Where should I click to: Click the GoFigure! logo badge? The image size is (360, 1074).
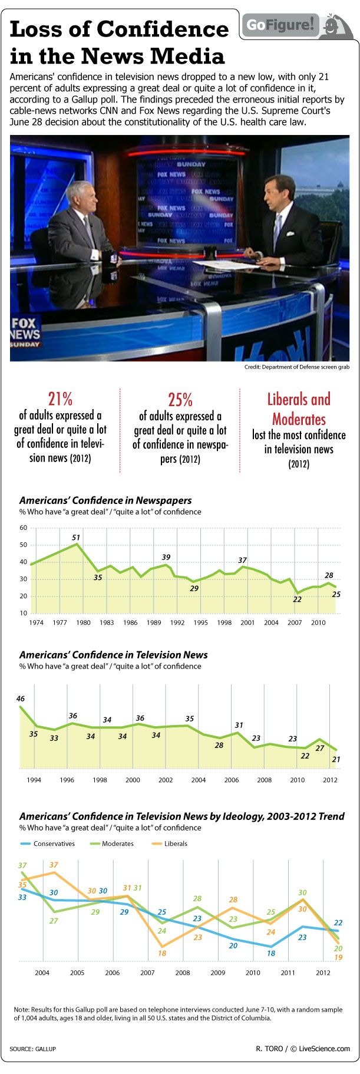click(282, 25)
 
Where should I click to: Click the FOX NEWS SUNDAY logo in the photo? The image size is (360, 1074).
click(25, 332)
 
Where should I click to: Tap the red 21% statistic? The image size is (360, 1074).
click(60, 399)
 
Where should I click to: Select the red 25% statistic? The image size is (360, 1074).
click(180, 400)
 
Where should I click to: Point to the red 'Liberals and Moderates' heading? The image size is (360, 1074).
click(299, 409)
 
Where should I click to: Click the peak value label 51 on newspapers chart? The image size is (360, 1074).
click(76, 537)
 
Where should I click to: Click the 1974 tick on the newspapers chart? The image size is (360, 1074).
click(37, 622)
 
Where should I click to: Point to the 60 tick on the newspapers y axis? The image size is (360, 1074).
click(24, 528)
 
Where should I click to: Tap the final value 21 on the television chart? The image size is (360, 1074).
click(336, 760)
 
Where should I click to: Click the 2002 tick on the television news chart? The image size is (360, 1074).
click(166, 780)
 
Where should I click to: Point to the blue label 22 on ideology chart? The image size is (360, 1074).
click(338, 923)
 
